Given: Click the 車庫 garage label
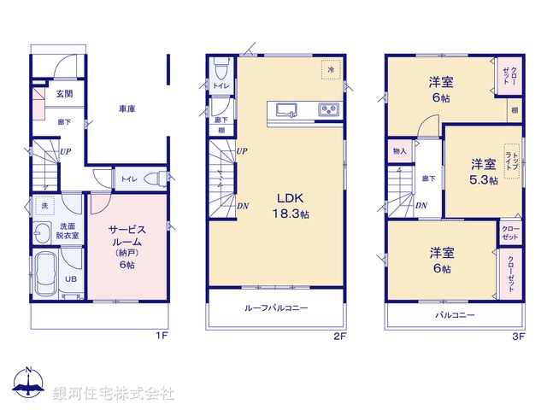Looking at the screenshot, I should [x=128, y=109].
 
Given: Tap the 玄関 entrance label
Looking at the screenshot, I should [x=64, y=95].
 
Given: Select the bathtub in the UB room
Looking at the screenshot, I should [x=48, y=276].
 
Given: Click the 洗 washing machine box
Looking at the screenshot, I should [x=43, y=207].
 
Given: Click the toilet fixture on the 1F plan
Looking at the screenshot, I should [x=155, y=179].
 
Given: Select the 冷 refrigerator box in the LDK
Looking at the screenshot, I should [x=328, y=68].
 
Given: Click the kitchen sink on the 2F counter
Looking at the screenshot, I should [x=285, y=109].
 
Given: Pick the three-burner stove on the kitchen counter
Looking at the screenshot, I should [x=328, y=109].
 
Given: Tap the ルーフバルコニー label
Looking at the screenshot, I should [x=276, y=307].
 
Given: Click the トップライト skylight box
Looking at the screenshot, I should [x=511, y=161].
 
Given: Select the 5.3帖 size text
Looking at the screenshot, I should [x=482, y=181].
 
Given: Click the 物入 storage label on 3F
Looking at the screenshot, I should [x=399, y=151].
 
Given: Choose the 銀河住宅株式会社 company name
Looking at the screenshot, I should [x=113, y=393].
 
